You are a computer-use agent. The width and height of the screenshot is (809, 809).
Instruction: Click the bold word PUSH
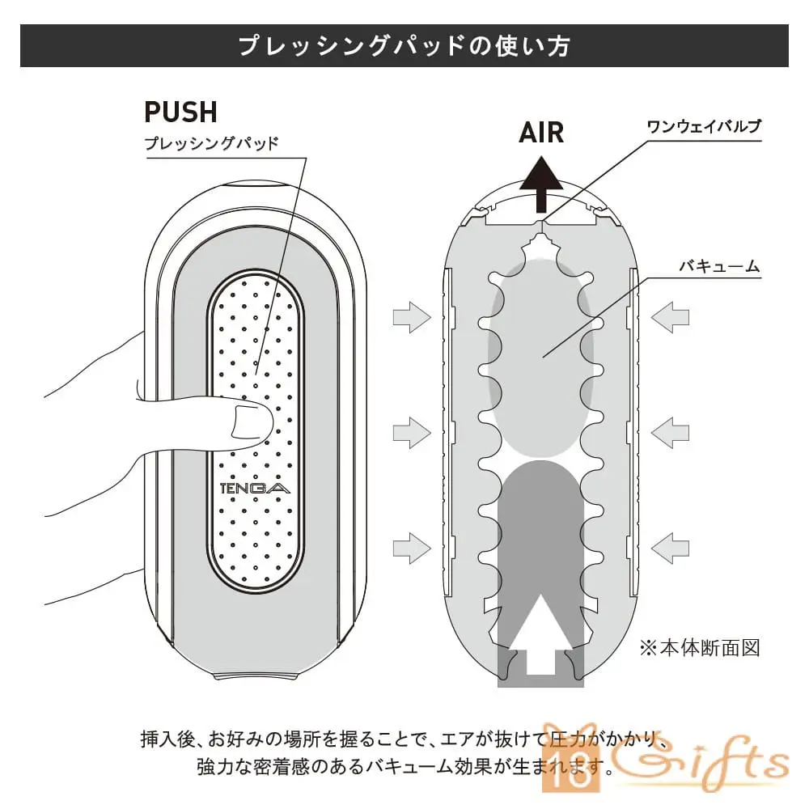point(180,111)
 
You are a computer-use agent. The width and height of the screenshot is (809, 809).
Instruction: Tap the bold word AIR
point(541,132)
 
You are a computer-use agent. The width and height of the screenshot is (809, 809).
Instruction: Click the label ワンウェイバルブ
point(704,127)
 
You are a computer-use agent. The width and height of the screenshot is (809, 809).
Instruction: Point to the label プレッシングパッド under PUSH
point(211,144)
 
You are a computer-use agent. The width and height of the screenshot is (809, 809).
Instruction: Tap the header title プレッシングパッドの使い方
point(404,45)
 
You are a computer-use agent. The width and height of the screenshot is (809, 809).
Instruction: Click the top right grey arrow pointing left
point(670,316)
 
